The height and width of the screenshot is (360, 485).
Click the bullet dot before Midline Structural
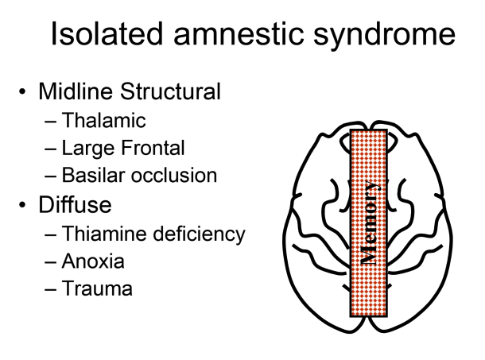tap(22, 92)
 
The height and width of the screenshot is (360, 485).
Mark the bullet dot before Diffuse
tap(22, 205)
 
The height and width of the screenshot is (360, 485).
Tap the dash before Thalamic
tap(52, 122)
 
